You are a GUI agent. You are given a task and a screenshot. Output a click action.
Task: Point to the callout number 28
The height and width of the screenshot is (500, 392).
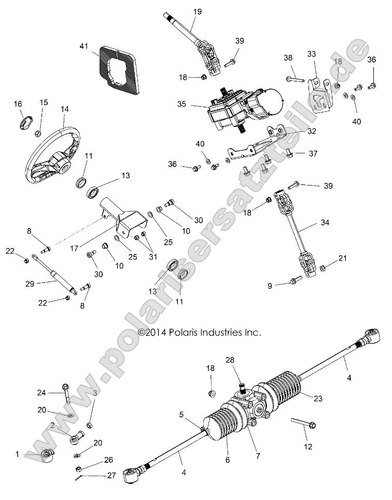[230, 360]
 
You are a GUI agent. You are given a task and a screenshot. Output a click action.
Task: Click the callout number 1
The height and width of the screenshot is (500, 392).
[17, 454]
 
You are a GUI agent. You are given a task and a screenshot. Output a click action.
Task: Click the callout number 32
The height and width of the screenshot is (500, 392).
[312, 131]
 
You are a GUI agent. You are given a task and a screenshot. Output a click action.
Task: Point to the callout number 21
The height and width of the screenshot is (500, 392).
[342, 258]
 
